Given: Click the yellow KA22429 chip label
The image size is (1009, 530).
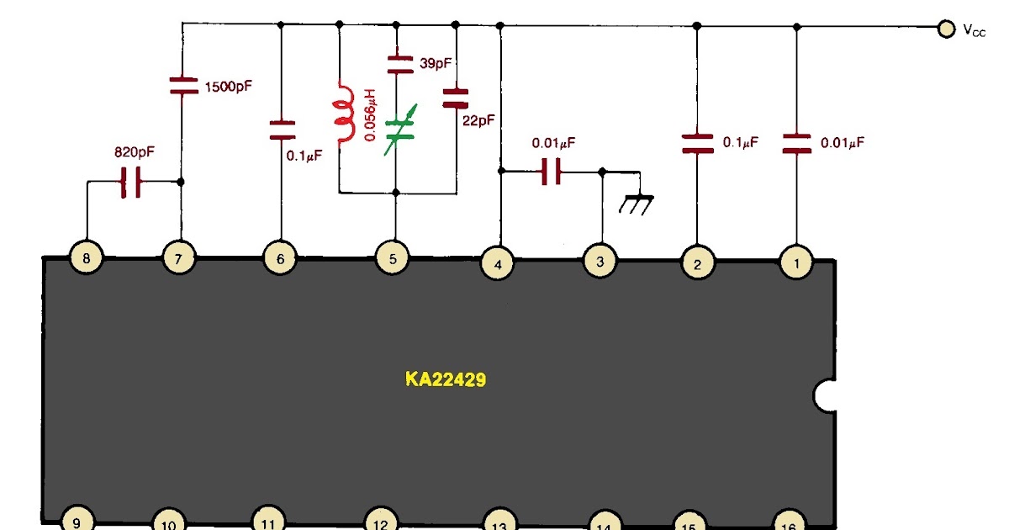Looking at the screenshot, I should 446,379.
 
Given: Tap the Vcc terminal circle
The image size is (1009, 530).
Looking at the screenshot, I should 947,29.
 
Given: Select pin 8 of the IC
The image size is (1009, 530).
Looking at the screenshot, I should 85,258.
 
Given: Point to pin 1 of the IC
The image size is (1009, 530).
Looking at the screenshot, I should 795,262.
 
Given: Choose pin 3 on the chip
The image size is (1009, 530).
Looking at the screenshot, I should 600,262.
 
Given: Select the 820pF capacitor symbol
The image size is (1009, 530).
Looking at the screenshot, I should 130,182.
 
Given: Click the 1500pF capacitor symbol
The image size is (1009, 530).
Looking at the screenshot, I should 182,85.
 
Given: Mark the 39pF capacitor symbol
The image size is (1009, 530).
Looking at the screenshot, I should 397,63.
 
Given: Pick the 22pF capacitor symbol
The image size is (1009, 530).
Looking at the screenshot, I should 455,98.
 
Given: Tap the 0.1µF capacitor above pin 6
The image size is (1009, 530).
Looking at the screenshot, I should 282,129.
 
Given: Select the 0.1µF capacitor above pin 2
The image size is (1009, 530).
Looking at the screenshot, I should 695,143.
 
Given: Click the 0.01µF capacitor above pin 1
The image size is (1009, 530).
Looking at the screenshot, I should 796,143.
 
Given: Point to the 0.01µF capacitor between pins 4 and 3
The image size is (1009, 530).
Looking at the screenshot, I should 550,172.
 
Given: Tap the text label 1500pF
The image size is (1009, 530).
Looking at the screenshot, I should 228,85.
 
